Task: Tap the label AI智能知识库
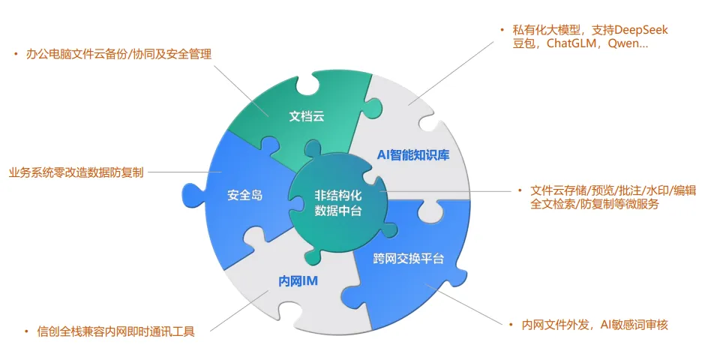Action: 412,156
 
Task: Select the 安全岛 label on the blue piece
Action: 244,196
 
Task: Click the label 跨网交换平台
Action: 409,259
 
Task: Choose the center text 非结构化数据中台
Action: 337,203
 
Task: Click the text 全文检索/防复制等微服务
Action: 595,204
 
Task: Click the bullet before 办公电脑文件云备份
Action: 16,54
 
